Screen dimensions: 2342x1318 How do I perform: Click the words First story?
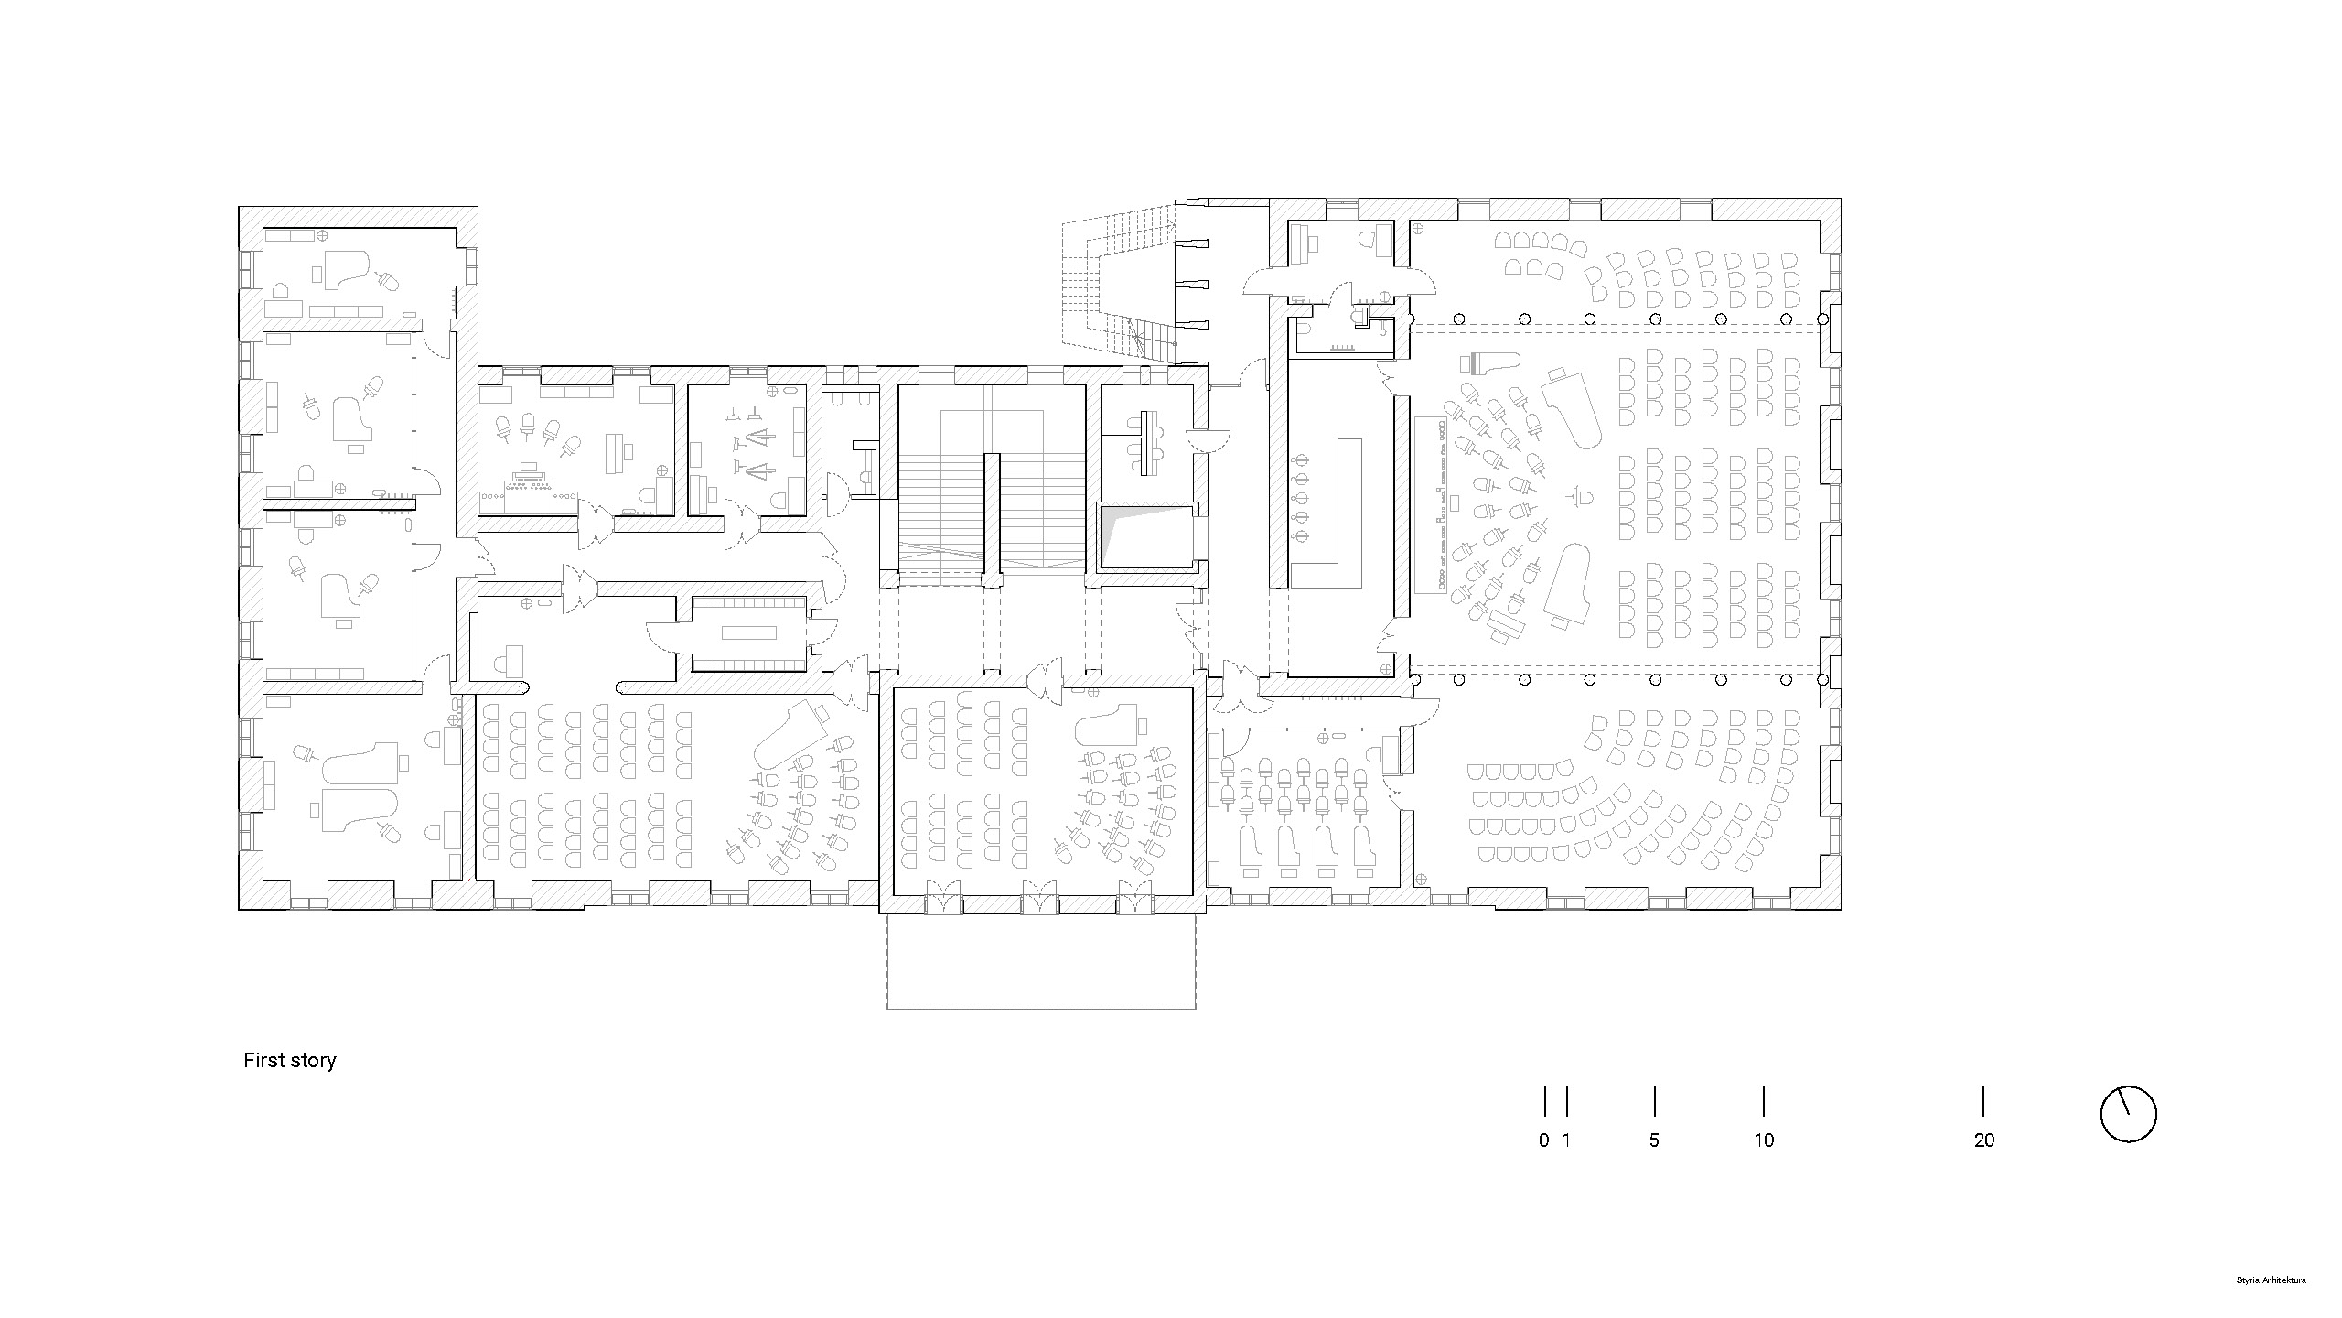coord(289,1060)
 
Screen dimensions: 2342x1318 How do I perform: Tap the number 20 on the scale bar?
coord(1983,1140)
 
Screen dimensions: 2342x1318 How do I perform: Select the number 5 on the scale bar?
coord(1654,1140)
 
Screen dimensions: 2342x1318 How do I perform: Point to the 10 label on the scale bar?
coord(1764,1140)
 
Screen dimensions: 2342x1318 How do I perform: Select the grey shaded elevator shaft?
coord(1146,537)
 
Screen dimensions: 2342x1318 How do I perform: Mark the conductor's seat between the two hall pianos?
coord(1581,497)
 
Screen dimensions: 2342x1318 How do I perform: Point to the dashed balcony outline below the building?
coord(1041,961)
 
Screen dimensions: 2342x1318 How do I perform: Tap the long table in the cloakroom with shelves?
coord(748,632)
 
